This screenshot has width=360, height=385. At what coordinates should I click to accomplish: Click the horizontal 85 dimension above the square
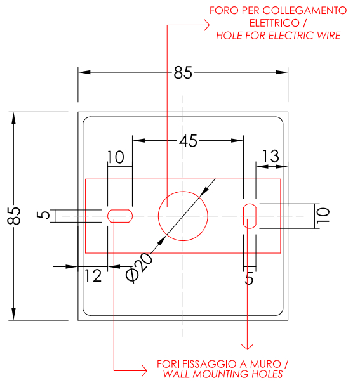(183, 72)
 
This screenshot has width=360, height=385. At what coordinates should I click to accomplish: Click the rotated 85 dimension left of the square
(14, 216)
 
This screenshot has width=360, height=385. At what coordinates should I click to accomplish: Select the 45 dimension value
(188, 141)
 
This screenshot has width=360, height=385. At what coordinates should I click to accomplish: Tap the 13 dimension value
(271, 156)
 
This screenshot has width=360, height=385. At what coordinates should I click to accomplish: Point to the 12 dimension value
(93, 276)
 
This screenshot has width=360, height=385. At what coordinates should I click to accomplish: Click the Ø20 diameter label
(139, 267)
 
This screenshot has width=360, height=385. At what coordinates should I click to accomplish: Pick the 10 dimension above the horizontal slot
(116, 157)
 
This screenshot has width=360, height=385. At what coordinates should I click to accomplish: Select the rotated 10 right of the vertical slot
(323, 216)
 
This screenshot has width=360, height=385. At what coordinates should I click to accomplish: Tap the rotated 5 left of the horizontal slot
(43, 214)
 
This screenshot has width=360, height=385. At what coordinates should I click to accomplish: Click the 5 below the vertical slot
(249, 278)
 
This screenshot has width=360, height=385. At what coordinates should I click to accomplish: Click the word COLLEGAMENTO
(305, 11)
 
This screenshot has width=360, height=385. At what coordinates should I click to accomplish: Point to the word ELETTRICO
(274, 23)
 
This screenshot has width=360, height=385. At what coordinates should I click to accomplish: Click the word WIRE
(328, 36)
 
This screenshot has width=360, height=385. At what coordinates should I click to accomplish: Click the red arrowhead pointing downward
(247, 347)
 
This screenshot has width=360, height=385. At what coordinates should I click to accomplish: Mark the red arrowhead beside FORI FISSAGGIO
(144, 370)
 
